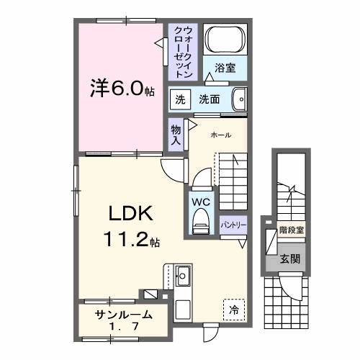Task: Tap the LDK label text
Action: coord(130,214)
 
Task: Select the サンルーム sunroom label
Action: coord(123,315)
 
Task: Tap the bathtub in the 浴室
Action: coord(225,42)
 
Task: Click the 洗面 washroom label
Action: coord(210,99)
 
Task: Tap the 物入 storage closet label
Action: coord(176,134)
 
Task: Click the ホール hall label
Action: coord(221,135)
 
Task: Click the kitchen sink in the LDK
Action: coord(183,274)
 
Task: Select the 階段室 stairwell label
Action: coord(290,232)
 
